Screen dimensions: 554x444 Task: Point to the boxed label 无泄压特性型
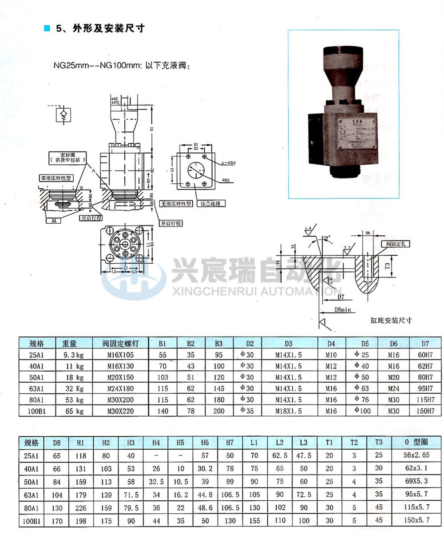[176, 203]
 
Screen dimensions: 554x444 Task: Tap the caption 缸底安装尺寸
[391, 320]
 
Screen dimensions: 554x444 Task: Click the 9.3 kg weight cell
[73, 355]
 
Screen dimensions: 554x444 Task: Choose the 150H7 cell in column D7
[425, 411]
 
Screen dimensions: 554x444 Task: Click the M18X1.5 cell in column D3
[289, 411]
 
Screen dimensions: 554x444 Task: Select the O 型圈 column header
[416, 443]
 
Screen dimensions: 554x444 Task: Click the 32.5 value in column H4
[156, 482]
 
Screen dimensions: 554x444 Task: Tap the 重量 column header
[70, 343]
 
